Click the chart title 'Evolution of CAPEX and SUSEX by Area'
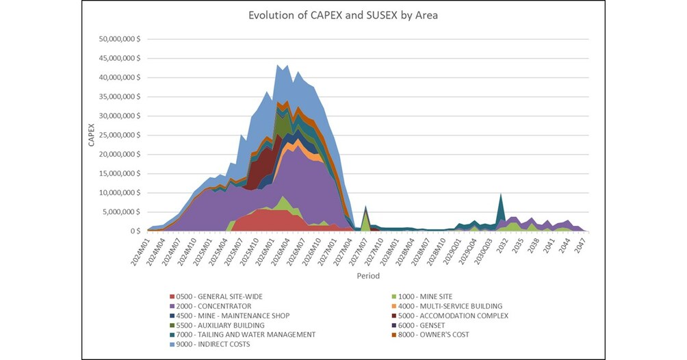(343, 16)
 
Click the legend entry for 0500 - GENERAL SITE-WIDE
(219, 296)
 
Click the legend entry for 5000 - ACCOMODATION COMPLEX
(458, 316)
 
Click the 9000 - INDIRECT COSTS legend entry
(215, 344)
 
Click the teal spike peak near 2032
(502, 195)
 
